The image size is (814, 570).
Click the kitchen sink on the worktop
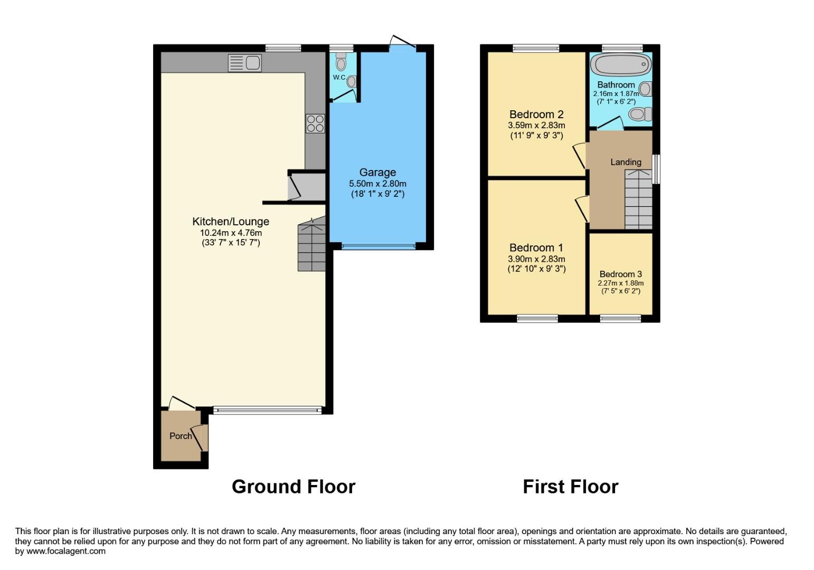coord(245,63)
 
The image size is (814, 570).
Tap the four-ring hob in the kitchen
coord(315,123)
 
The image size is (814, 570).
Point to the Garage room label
coord(377,173)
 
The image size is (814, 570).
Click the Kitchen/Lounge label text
coord(231,222)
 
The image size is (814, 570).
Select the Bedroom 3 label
coord(621,274)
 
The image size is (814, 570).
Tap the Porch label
coord(181,436)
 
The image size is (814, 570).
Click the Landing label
coord(626,162)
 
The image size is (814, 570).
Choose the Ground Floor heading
coord(294,486)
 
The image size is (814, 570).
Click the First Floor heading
coord(570,486)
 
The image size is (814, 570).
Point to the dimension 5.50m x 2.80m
coord(377,184)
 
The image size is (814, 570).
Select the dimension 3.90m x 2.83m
coord(536,259)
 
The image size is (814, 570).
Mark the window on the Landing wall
coord(656,169)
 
